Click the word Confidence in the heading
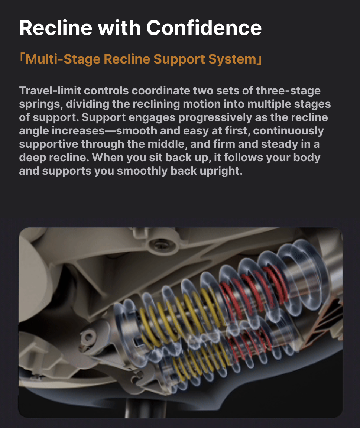[204, 28]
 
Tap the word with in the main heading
[119, 28]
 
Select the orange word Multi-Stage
[63, 59]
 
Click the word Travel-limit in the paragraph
[50, 91]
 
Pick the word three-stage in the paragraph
[288, 91]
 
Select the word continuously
[288, 131]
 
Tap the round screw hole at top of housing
[160, 244]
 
